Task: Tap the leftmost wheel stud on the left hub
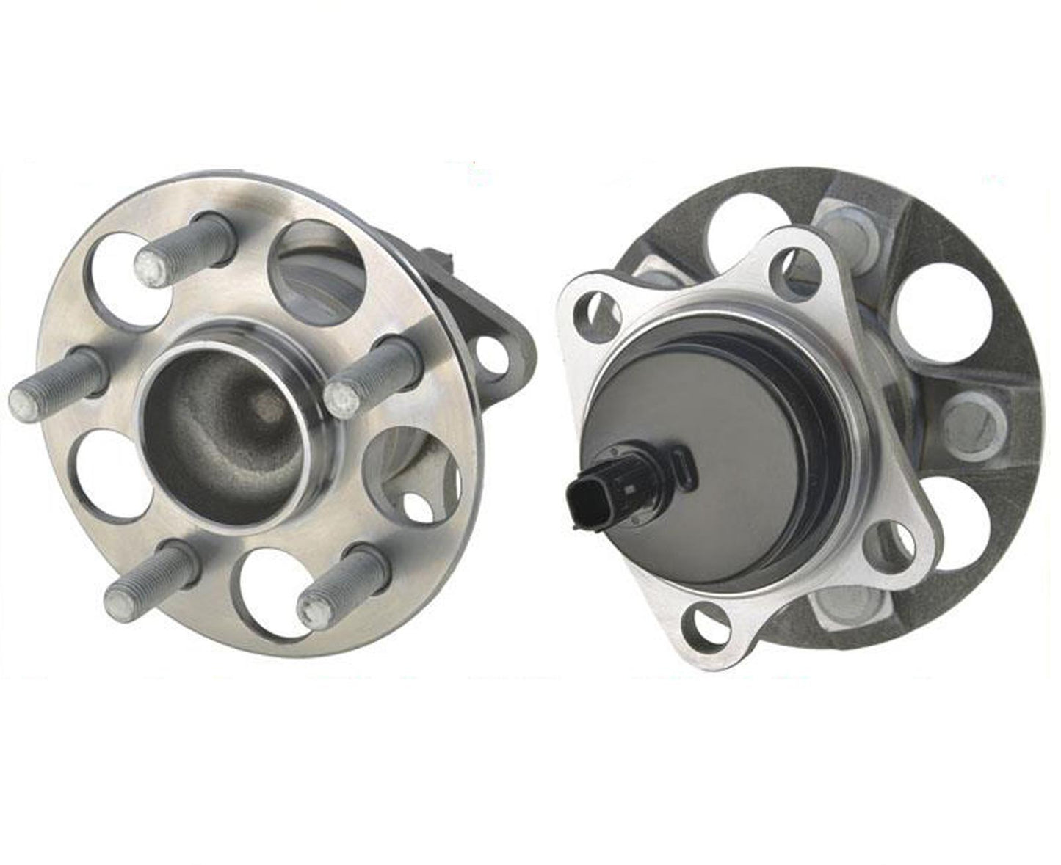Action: coord(55,382)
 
